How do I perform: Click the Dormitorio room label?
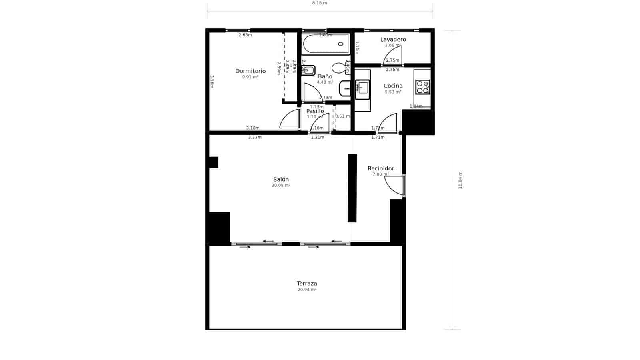(250, 71)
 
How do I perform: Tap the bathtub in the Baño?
(325, 44)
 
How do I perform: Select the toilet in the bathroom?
(338, 68)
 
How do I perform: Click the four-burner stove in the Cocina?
(422, 87)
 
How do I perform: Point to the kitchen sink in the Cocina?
(362, 89)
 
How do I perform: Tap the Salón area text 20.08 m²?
(281, 186)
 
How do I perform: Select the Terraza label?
(307, 283)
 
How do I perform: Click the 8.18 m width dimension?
(320, 3)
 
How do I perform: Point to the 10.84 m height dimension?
(460, 180)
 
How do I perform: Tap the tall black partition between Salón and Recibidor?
(352, 188)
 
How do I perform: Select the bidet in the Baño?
(309, 70)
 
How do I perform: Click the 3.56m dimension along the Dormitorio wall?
(212, 82)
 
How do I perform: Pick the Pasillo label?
(315, 111)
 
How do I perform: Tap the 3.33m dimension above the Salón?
(254, 137)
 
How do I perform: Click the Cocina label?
(393, 86)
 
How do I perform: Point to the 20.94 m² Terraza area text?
(307, 290)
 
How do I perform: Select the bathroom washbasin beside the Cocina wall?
(344, 88)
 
